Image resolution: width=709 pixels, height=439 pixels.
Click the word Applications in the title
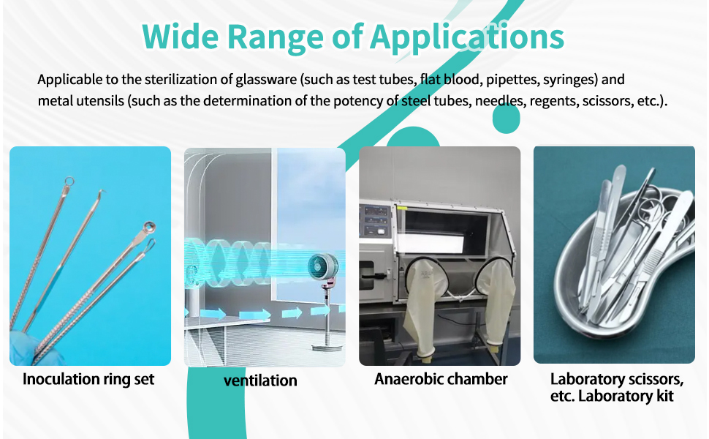(467, 35)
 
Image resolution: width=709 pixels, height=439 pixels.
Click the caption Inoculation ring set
(88, 379)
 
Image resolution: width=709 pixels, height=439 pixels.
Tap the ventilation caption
(260, 380)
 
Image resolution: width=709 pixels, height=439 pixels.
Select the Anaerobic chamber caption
(441, 379)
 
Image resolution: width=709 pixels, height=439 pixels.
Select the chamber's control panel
(377, 219)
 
